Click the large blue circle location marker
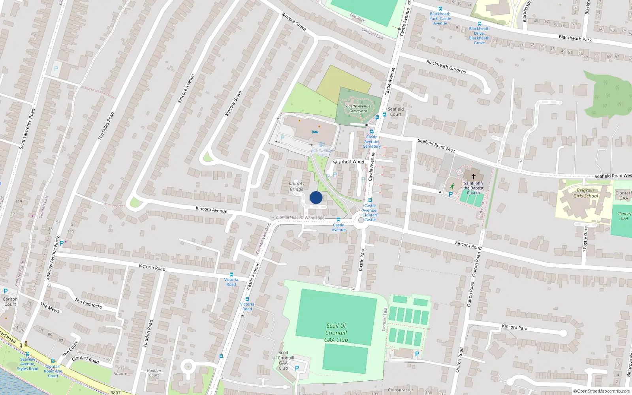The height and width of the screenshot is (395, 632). (316, 197)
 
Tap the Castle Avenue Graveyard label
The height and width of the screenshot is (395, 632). (358, 109)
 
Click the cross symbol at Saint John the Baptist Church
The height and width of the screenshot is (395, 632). (473, 176)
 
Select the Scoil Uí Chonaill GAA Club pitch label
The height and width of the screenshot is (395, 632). (336, 333)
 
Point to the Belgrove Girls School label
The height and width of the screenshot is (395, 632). (586, 193)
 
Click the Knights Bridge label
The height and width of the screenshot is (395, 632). (297, 186)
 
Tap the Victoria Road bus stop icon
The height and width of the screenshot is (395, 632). (231, 275)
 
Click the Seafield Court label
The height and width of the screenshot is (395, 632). (395, 112)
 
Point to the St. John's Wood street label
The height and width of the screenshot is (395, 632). (349, 162)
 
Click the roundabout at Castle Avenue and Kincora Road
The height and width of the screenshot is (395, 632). (361, 220)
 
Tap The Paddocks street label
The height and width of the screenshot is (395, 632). (88, 303)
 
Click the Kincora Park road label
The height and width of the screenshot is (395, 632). (515, 327)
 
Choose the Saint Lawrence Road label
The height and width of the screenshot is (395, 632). (27, 129)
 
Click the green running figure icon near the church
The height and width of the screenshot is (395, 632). (452, 186)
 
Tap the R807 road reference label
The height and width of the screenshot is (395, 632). (115, 392)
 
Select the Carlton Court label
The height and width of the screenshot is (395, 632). (10, 302)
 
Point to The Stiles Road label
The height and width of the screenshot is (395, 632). (106, 126)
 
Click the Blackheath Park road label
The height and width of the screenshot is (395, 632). (575, 38)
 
